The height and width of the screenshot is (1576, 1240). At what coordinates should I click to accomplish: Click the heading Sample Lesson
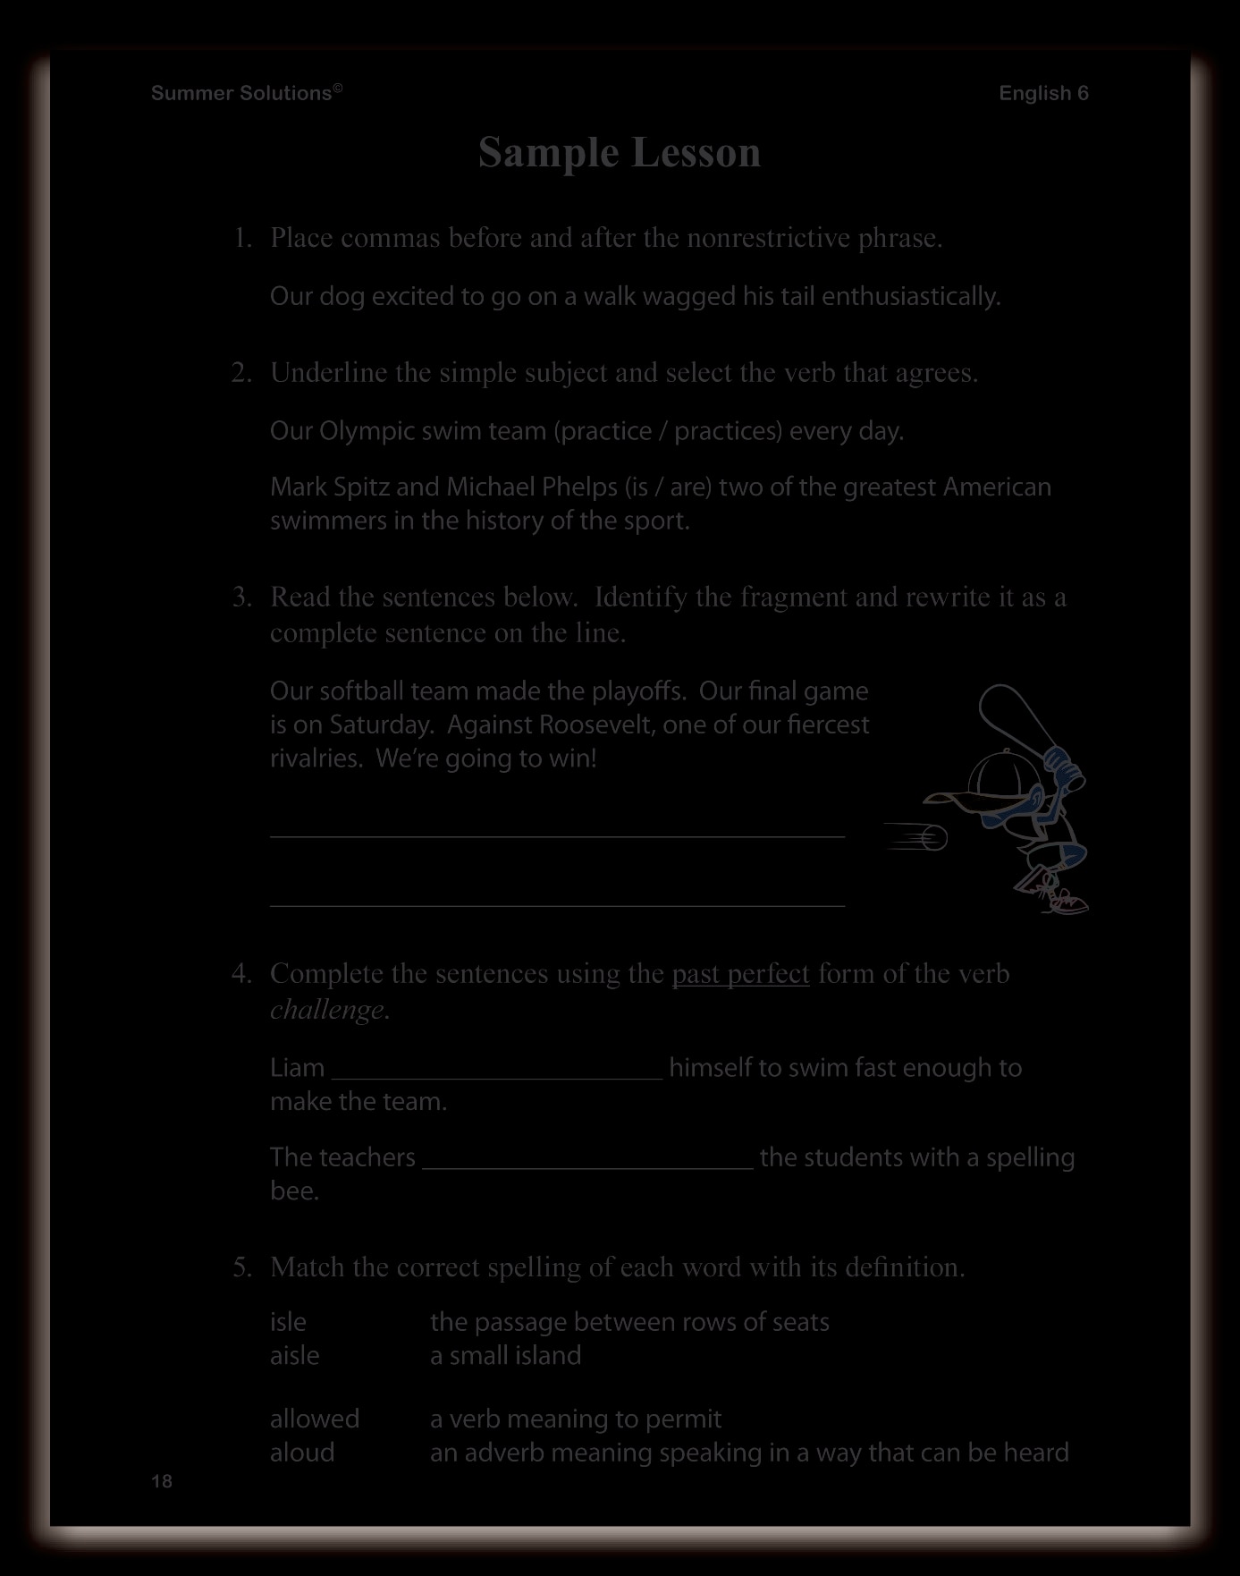(620, 152)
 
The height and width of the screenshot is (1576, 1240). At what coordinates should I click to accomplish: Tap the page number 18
(162, 1481)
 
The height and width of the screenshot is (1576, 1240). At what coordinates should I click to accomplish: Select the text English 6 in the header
(1043, 93)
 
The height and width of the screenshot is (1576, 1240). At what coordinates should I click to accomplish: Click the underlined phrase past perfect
(740, 973)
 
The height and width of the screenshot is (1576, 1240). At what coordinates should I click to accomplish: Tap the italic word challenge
(329, 1010)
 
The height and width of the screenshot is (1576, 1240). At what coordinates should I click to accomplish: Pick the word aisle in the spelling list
(295, 1356)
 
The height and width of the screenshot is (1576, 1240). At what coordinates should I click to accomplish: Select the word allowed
(315, 1419)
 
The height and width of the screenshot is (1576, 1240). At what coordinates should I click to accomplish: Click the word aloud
(302, 1453)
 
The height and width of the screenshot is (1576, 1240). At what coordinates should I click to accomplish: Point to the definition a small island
(505, 1356)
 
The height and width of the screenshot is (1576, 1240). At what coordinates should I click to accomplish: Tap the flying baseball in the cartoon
(934, 838)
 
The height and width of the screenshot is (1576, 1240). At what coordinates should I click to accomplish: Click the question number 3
(240, 597)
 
